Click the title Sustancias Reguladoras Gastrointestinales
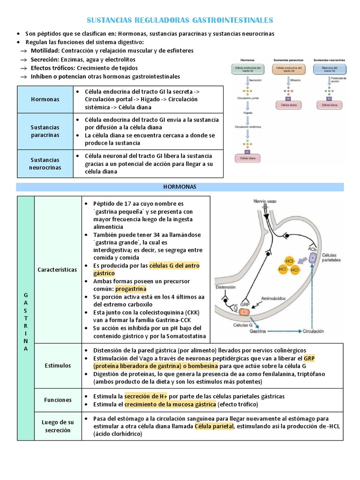pyautogui.click(x=180, y=20)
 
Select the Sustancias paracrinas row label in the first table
pyautogui.click(x=45, y=131)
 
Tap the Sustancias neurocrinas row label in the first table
pyautogui.click(x=45, y=164)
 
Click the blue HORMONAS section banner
pyautogui.click(x=180, y=187)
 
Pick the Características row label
pyautogui.click(x=58, y=270)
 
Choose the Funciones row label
pyautogui.click(x=58, y=400)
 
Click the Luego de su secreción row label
pyautogui.click(x=58, y=426)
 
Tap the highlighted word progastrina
pyautogui.click(x=131, y=288)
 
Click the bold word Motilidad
pyautogui.click(x=45, y=51)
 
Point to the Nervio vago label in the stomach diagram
pyautogui.click(x=265, y=201)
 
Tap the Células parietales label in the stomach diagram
pyautogui.click(x=331, y=257)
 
